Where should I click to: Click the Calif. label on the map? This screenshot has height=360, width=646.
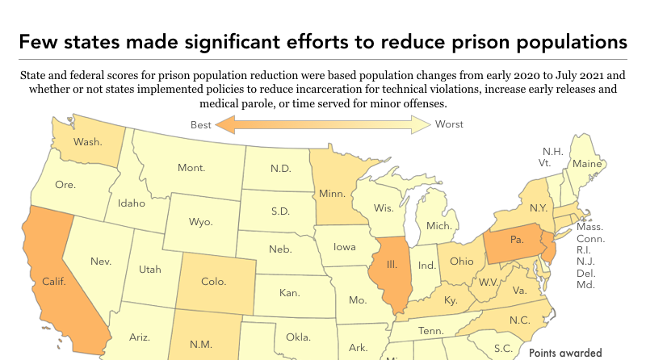click(53, 283)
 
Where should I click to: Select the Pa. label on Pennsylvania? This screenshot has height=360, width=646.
click(514, 239)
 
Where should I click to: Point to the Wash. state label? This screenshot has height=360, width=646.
click(87, 142)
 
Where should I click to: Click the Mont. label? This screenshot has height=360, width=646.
click(191, 168)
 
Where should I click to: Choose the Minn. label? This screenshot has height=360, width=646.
click(332, 195)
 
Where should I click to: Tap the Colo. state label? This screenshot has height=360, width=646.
click(212, 283)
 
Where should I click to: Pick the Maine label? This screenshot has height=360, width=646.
click(586, 164)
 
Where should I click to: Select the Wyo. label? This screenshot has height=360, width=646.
click(200, 221)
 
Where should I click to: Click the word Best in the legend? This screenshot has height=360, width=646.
click(201, 124)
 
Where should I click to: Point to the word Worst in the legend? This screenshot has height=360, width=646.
click(450, 124)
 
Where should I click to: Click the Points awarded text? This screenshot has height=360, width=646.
click(565, 353)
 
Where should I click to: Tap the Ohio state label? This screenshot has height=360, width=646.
click(462, 261)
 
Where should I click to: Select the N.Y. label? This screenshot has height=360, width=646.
click(539, 207)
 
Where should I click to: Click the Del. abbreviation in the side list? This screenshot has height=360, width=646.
click(586, 273)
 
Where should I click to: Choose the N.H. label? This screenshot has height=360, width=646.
click(553, 151)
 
